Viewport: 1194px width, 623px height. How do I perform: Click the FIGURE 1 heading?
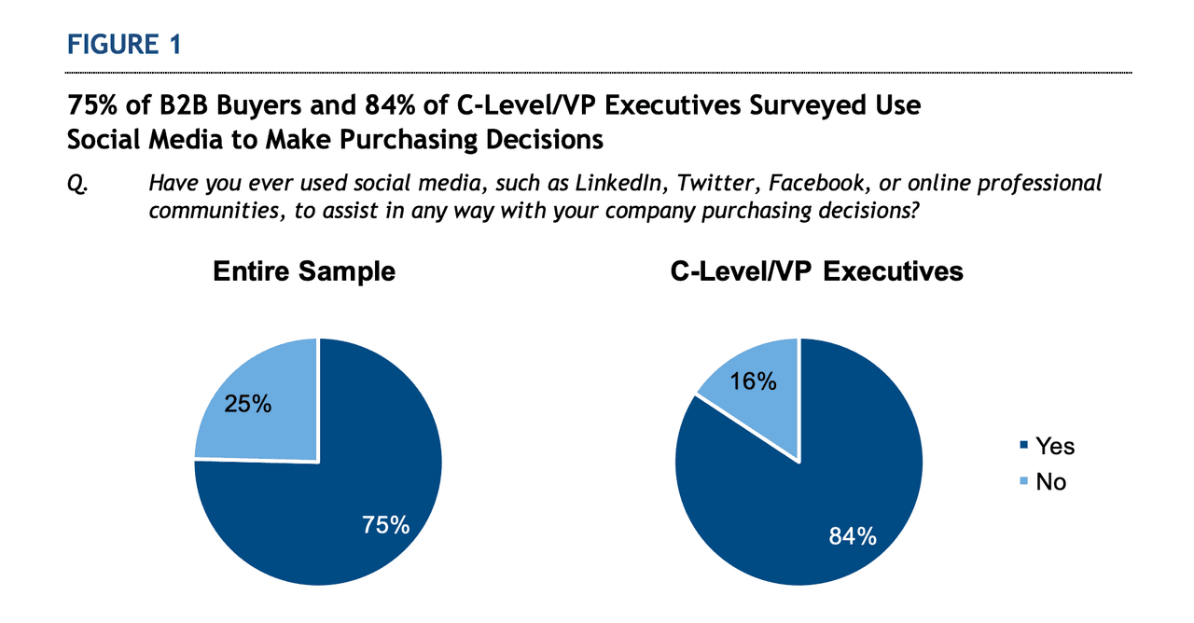point(123,44)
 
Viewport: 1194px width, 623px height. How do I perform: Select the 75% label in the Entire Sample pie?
point(385,525)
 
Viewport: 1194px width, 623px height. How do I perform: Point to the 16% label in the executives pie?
point(753,381)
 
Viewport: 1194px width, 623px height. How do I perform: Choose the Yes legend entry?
point(1054,447)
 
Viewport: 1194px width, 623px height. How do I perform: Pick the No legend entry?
point(1050,482)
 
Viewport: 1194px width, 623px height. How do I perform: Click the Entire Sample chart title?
point(304,271)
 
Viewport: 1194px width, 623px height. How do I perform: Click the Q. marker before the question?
point(76,183)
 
